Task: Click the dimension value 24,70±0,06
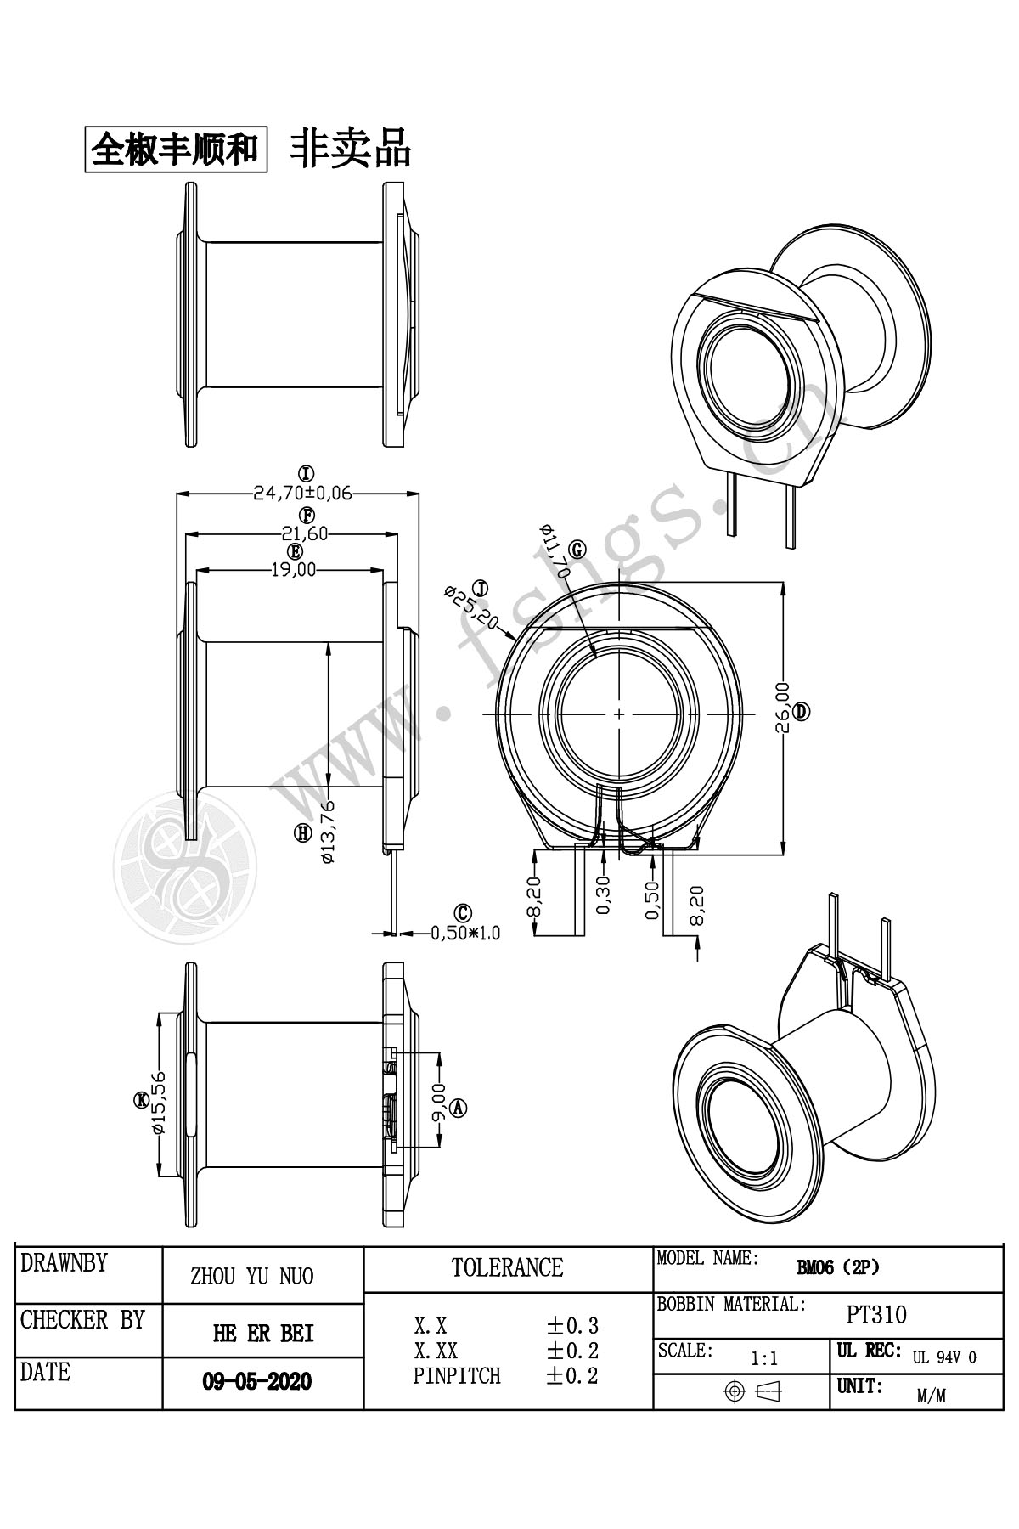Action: (x=302, y=494)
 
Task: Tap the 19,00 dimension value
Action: (x=293, y=570)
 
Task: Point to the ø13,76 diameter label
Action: (x=328, y=832)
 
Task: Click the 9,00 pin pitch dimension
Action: (x=440, y=1103)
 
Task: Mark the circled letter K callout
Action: (x=140, y=1101)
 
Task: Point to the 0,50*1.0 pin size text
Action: (x=465, y=933)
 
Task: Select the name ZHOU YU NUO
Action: (x=251, y=1277)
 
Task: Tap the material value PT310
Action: (x=877, y=1316)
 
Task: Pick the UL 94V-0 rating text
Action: (x=944, y=1357)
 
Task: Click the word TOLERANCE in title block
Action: (x=508, y=1268)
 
